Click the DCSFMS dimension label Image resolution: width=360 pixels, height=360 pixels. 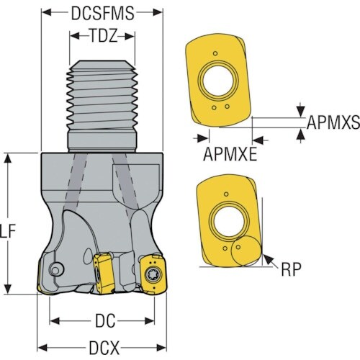tap(101, 12)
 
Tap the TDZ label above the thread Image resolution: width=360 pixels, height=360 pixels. tap(101, 36)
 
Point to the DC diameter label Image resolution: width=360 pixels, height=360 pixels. tap(102, 319)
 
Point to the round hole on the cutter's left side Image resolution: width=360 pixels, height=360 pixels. tap(54, 270)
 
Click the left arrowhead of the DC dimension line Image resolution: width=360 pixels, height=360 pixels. tap(53, 320)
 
